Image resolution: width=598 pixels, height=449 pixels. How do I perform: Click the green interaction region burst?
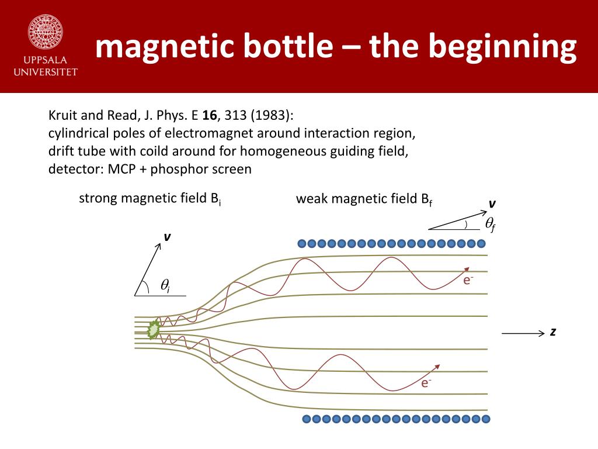(154, 330)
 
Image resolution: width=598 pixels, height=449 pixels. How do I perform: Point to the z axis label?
(552, 332)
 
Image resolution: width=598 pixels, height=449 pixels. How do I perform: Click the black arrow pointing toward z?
(523, 333)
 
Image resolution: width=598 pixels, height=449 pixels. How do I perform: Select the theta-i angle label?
(165, 286)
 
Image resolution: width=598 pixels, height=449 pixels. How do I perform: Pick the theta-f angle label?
(491, 224)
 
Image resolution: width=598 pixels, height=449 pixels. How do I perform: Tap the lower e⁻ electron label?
(426, 384)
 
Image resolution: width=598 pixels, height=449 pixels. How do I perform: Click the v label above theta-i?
(167, 237)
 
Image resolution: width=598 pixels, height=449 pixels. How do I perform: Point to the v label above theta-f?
(492, 204)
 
